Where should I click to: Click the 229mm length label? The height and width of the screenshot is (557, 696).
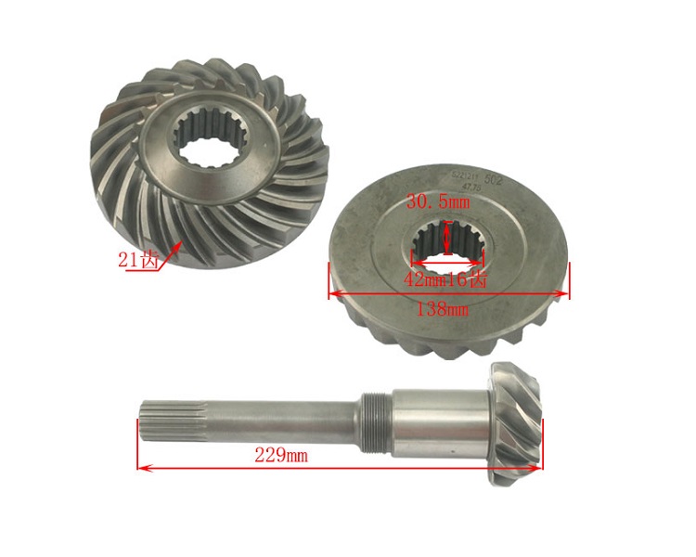tap(281, 456)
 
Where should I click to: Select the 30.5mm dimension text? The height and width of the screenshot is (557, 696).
tap(438, 201)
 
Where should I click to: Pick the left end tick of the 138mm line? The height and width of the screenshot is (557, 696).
tap(329, 279)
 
